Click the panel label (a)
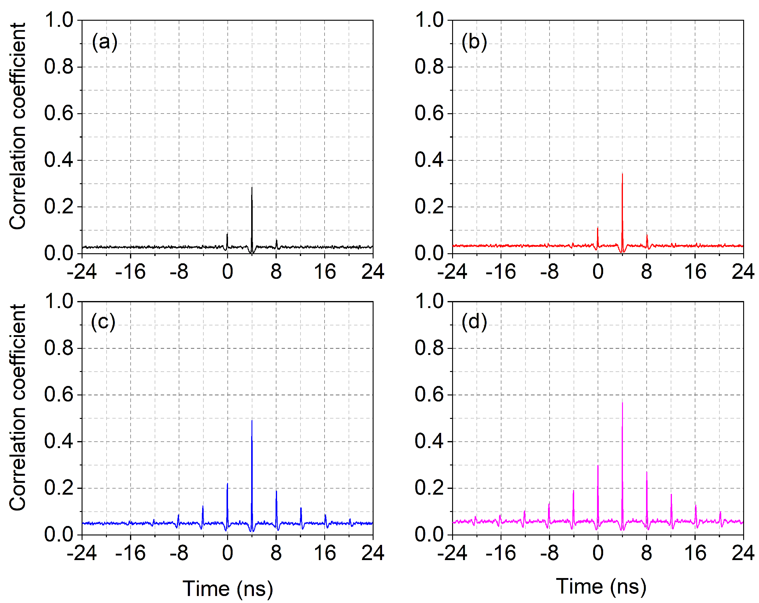tap(104, 43)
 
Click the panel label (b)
tap(474, 43)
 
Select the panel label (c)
tap(103, 322)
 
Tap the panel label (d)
tap(474, 322)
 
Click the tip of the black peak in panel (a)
tap(252, 188)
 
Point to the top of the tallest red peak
tap(622, 174)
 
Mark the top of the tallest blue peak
tap(252, 421)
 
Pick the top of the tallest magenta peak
tap(622, 403)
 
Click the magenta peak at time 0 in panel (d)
tap(598, 466)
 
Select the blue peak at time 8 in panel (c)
tap(276, 491)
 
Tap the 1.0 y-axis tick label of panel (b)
tap(429, 20)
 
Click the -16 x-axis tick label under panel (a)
tap(130, 272)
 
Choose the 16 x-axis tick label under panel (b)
tap(695, 272)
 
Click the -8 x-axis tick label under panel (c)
tap(179, 553)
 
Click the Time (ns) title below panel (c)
tap(228, 589)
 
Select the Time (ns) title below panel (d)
tap(601, 587)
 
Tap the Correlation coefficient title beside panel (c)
tap(18, 407)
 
